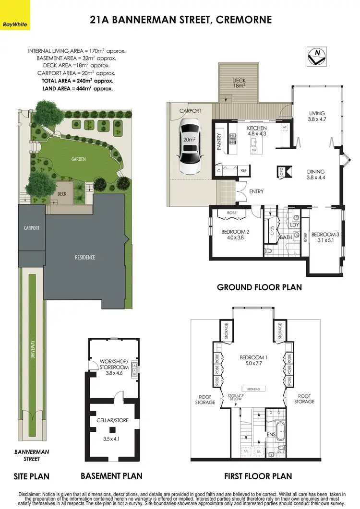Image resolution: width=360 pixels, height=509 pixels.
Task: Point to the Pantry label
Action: (219, 142)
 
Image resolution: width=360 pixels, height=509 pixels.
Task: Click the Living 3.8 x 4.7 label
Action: (317, 117)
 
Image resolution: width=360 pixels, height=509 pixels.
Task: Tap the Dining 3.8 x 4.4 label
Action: (315, 175)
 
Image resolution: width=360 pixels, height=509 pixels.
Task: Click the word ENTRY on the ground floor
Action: (256, 192)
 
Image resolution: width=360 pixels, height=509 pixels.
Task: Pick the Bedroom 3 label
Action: (325, 237)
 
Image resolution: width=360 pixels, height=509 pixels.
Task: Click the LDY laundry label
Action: (295, 225)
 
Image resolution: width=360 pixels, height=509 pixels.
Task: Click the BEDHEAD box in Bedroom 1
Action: (253, 389)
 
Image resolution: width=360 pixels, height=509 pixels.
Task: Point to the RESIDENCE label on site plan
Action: (85, 258)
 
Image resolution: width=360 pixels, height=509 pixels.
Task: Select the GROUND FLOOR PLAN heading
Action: (259, 287)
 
